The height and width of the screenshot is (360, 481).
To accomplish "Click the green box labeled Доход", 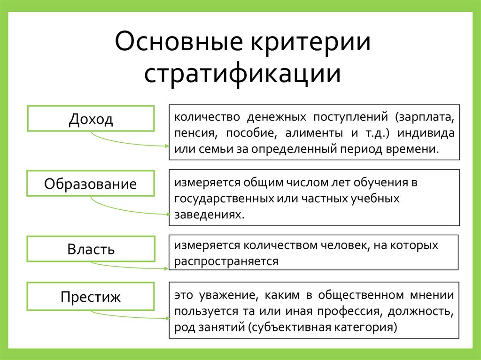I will coord(91,119).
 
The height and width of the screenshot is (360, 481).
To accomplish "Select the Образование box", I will coord(91,184).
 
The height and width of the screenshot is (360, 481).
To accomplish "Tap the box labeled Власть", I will coord(91,249).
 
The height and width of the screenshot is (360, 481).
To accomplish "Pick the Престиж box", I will coord(91,297).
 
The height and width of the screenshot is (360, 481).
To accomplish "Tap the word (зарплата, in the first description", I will coord(424,115).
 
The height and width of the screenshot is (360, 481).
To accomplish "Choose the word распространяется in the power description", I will coord(226,261).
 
